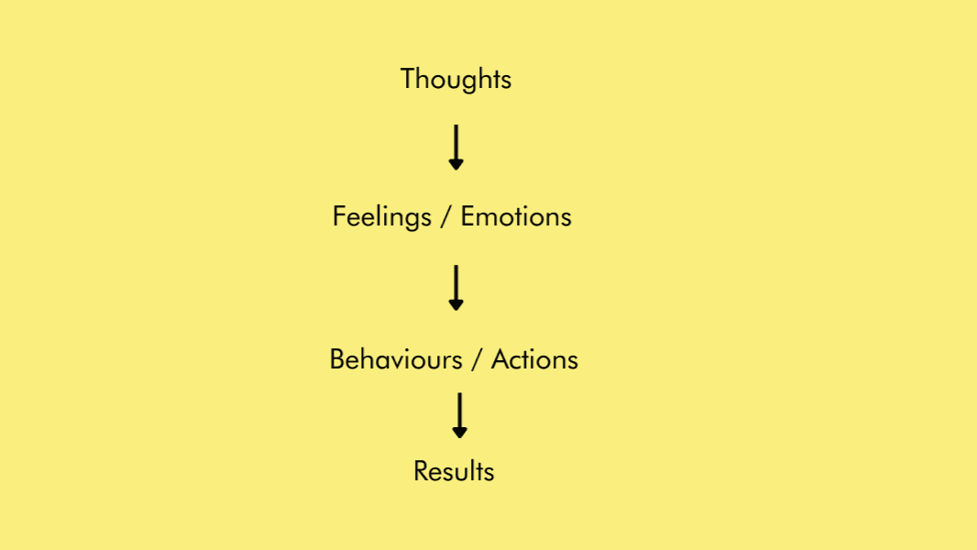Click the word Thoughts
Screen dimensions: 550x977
tap(456, 79)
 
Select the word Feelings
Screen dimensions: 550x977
tap(381, 217)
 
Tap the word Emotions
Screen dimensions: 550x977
tap(516, 217)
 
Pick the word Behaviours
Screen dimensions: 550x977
tap(395, 358)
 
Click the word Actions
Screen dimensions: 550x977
tap(534, 358)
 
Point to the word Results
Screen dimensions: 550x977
tap(454, 471)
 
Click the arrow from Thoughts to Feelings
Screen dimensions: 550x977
tap(456, 147)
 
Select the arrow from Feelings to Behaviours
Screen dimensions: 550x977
tap(456, 287)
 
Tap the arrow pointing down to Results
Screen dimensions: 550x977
tap(460, 414)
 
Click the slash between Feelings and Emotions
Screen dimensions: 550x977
tap(446, 218)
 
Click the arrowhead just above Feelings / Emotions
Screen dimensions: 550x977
tap(456, 164)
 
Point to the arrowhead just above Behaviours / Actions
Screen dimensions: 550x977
tap(456, 304)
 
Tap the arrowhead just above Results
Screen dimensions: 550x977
tap(460, 432)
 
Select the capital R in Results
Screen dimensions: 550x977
tap(420, 471)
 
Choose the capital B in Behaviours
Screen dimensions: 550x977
tap(336, 358)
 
